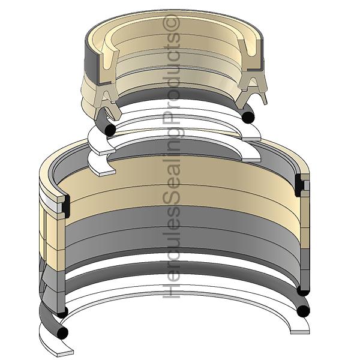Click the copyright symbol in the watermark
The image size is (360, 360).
point(171,23)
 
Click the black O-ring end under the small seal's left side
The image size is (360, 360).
point(110,130)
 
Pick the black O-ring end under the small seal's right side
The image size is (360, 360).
point(248,117)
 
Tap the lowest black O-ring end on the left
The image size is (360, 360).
point(62,332)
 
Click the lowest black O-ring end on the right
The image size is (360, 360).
point(303,311)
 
